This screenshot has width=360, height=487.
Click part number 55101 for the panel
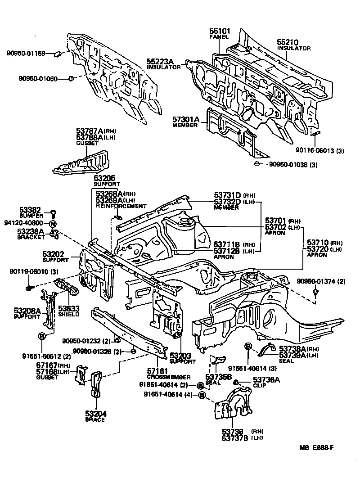pos(220,31)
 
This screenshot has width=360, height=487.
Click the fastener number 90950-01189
pos(26,54)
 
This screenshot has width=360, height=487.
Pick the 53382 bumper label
pos(30,210)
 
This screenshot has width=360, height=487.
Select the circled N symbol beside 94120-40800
pos(53,223)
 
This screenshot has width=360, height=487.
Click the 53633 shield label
pos(69,308)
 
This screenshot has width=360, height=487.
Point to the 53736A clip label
pos(266,380)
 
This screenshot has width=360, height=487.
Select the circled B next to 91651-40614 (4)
pos(202,395)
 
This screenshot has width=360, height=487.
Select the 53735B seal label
pos(218,376)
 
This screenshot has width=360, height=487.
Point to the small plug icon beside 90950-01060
pos(71,79)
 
